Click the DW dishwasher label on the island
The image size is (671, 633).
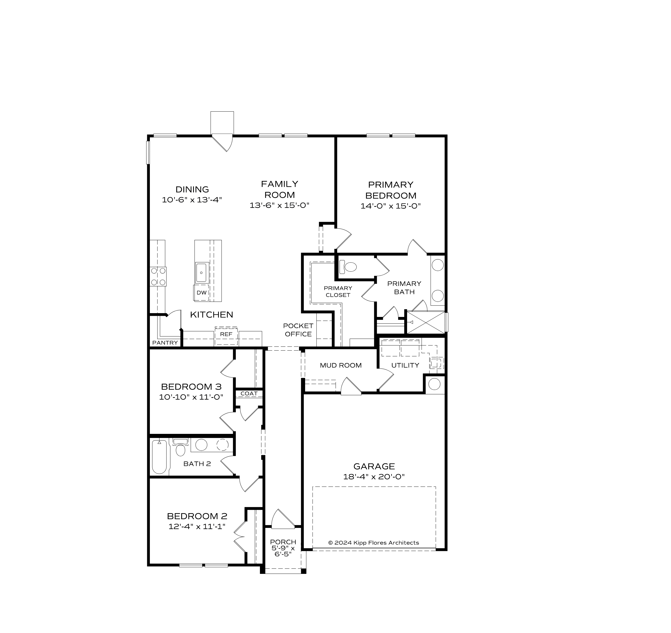(x=202, y=293)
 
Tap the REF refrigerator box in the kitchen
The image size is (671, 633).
(x=226, y=334)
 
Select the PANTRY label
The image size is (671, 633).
(x=165, y=343)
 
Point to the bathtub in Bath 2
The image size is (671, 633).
(x=159, y=457)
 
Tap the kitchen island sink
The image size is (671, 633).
(x=202, y=272)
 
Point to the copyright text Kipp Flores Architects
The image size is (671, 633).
(x=374, y=543)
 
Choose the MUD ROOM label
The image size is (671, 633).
(x=341, y=365)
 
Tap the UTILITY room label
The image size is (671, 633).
(x=405, y=365)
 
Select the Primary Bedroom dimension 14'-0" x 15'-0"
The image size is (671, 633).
(x=391, y=206)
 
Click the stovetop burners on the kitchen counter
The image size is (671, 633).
(x=158, y=276)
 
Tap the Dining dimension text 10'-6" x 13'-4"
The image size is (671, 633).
(x=192, y=200)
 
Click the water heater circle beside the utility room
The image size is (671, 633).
(x=434, y=384)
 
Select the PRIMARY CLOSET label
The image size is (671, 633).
(x=338, y=291)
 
